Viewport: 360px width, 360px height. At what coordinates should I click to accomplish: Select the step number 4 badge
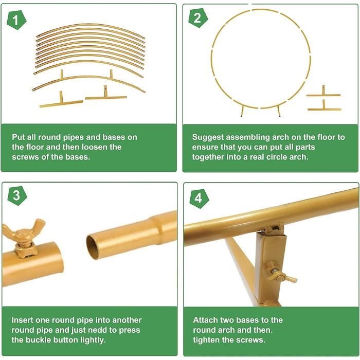197,197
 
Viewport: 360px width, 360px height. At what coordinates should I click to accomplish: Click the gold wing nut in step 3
24,232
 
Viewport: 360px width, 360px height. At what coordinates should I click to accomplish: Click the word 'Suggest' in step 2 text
208,137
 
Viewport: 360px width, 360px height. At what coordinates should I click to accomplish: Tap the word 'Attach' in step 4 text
206,320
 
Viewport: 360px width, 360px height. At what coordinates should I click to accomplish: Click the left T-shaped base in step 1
61,101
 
